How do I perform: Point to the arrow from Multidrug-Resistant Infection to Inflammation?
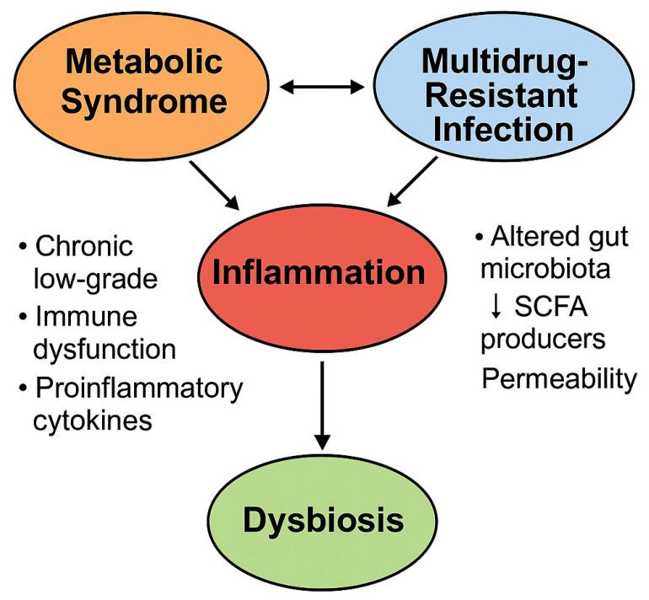pyautogui.click(x=416, y=185)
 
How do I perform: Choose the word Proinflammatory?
pyautogui.click(x=139, y=388)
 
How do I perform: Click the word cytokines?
pyautogui.click(x=93, y=419)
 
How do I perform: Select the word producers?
pyautogui.click(x=550, y=338)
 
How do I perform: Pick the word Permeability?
pyautogui.click(x=560, y=379)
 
